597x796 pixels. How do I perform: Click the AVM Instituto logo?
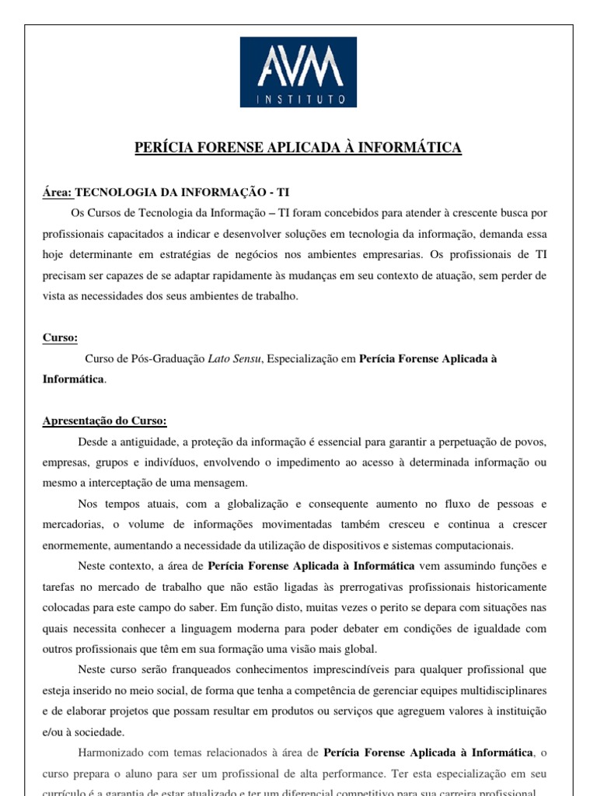[298, 72]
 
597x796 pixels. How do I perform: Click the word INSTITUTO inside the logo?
[298, 99]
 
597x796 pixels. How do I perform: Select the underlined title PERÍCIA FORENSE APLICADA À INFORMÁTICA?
[298, 148]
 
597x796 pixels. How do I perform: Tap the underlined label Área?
[57, 192]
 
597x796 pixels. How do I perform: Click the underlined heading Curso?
[60, 338]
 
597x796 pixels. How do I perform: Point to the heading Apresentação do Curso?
[105, 421]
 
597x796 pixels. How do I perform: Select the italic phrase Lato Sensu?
[235, 358]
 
